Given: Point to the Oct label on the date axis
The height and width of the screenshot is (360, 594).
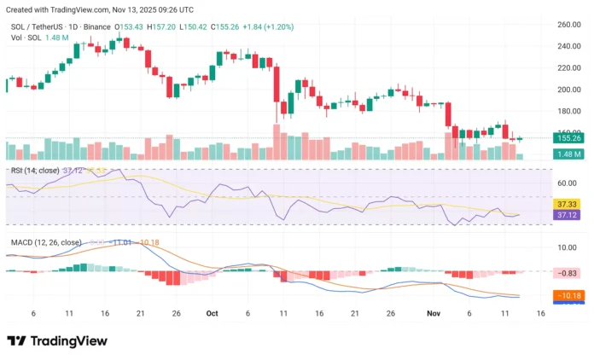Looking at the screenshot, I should tap(213, 313).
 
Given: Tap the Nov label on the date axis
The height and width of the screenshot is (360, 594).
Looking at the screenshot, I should tap(432, 313).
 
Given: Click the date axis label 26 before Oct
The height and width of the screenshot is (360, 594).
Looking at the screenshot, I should tap(176, 313).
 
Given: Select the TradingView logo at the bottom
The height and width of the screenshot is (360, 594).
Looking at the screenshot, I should tap(57, 340).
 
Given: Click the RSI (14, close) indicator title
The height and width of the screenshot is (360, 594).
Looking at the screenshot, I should tap(35, 171).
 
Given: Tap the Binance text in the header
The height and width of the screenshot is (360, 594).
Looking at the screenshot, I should tap(99, 26).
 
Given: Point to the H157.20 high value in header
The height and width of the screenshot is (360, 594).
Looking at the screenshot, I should tap(161, 26).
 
